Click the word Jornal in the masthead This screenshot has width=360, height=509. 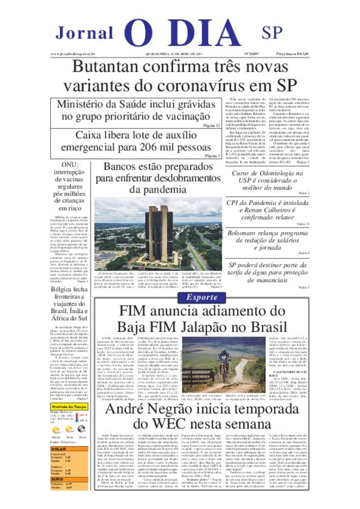click(x=84, y=33)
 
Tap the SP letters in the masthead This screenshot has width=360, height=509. click(x=272, y=33)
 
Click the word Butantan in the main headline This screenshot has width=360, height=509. click(x=105, y=67)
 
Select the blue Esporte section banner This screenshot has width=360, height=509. click(x=202, y=298)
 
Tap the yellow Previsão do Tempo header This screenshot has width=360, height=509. click(x=69, y=407)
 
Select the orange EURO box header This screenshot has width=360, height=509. click(x=58, y=479)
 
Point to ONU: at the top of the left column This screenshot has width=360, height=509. click(x=70, y=165)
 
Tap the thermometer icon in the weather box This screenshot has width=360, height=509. click(x=77, y=418)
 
